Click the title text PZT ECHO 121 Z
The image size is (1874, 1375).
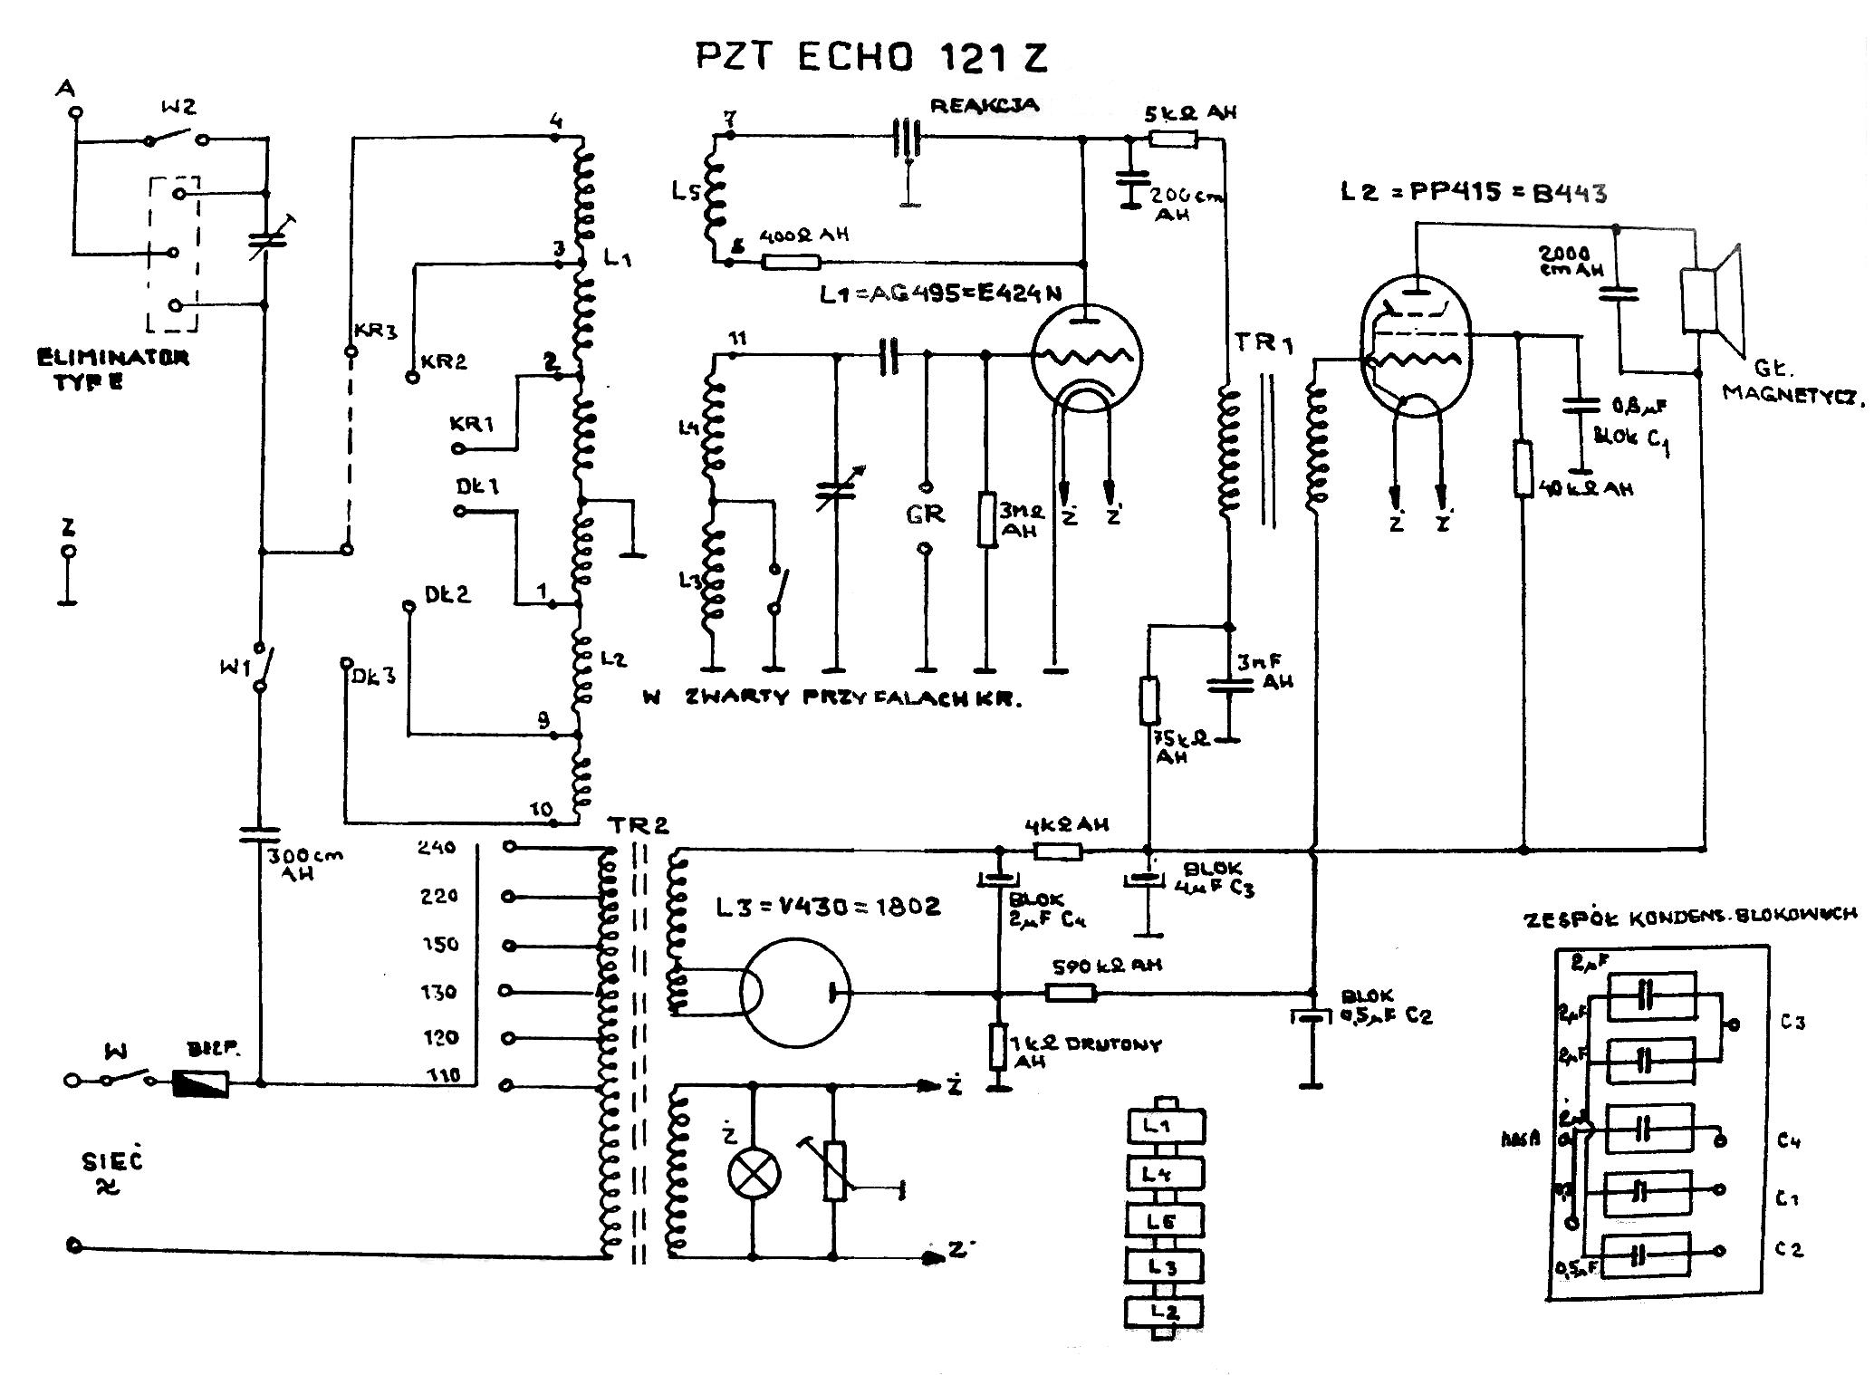[871, 56]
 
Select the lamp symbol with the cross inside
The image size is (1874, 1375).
[754, 1175]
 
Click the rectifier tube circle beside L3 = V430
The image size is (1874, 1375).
[794, 993]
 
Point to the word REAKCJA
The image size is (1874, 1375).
[984, 106]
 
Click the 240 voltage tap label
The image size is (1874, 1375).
[437, 848]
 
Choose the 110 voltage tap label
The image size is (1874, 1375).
[439, 1075]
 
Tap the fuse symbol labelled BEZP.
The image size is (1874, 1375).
[200, 1082]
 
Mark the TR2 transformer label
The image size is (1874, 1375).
[638, 825]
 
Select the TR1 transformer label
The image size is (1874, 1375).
[1262, 342]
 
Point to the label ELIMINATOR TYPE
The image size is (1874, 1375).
[112, 369]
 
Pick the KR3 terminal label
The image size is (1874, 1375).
[376, 332]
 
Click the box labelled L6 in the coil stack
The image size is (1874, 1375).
[1165, 1221]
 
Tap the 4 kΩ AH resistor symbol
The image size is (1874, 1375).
[1057, 851]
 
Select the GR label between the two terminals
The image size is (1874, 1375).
[925, 514]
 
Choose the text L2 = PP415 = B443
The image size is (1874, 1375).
[1474, 193]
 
